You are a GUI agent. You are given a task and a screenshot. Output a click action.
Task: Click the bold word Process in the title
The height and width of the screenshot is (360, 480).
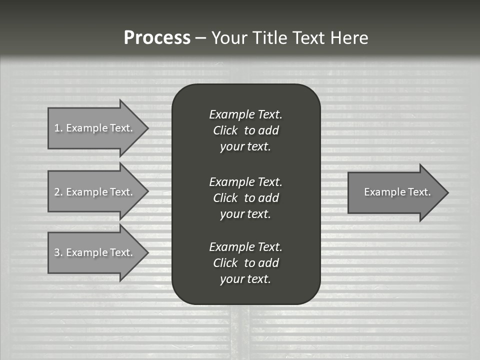[x=157, y=38]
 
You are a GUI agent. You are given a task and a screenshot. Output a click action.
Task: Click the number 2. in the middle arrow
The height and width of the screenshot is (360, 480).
[x=58, y=192]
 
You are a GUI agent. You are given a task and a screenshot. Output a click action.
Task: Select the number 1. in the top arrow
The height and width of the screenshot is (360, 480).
[x=58, y=128]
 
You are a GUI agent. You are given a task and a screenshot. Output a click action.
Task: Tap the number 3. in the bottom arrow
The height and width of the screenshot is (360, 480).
[x=58, y=252]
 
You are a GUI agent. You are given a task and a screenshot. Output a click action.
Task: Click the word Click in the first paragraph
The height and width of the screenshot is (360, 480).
[x=225, y=130]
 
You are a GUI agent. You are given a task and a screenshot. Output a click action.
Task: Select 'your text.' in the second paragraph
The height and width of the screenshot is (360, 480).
[x=245, y=214]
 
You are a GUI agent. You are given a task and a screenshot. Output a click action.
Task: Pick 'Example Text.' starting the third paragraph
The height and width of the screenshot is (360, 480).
[x=245, y=247]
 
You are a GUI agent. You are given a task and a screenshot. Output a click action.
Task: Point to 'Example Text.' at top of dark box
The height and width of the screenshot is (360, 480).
[x=245, y=114]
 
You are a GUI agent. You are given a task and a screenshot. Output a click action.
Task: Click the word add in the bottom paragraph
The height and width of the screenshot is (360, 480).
[x=268, y=263]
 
